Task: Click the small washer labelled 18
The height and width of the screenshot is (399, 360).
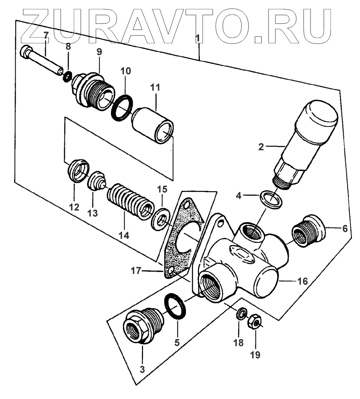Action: [x=241, y=315]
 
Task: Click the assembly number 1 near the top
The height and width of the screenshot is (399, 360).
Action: [x=198, y=38]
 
